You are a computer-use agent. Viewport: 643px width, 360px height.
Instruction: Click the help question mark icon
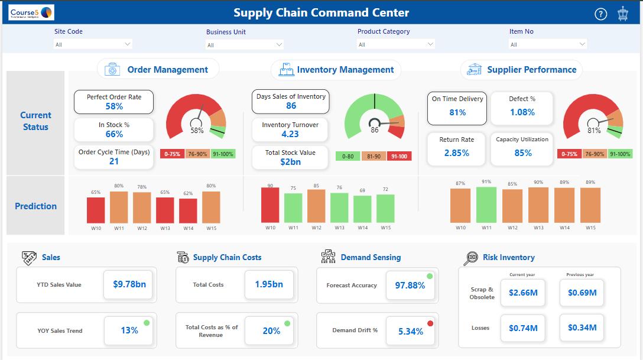600,14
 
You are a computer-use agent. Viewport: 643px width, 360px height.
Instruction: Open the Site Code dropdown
93,44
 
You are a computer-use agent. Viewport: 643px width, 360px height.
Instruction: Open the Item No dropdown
548,44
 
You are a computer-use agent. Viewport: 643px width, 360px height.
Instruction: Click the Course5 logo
32,12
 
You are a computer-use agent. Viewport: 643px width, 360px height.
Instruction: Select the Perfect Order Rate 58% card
113,102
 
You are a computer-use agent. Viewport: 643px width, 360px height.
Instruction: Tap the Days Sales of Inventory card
291,102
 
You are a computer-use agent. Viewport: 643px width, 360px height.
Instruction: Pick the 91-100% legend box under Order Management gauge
223,154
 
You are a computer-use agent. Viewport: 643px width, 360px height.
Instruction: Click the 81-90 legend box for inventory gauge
374,157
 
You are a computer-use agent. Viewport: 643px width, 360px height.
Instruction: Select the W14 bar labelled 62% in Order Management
188,210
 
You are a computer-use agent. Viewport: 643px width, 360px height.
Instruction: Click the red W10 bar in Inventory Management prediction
270,205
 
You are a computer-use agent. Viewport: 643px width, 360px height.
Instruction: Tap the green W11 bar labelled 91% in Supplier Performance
486,205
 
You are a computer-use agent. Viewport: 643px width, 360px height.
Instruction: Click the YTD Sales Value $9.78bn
129,284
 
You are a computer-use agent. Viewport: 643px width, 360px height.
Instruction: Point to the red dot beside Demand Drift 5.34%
430,323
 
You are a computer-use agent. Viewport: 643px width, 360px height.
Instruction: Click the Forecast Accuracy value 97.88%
410,286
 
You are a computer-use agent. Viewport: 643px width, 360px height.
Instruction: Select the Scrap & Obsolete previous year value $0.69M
582,293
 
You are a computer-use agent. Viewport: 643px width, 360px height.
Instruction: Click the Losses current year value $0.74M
522,327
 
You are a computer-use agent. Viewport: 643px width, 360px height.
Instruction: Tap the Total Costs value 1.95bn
269,284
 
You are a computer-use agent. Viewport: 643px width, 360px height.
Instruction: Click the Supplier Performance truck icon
474,70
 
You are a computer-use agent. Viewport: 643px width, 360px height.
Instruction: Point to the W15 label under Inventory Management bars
385,228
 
